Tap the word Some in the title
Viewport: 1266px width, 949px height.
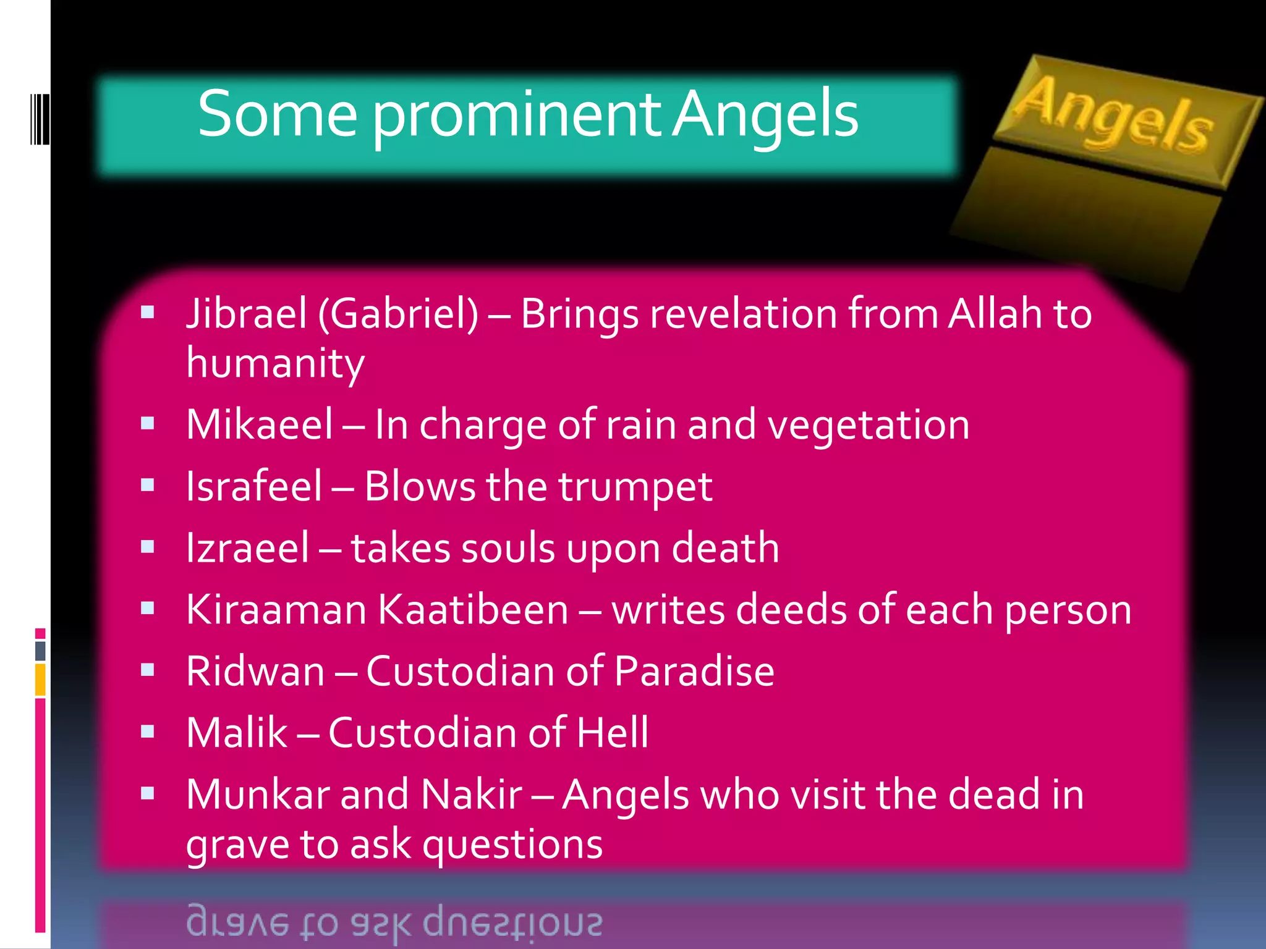tap(277, 115)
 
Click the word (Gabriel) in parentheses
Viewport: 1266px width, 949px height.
tap(398, 314)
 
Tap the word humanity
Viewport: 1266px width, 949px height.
tap(275, 363)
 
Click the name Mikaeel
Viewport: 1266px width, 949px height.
tap(260, 425)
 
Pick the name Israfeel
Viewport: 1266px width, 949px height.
tap(254, 487)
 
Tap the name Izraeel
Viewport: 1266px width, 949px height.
tap(247, 549)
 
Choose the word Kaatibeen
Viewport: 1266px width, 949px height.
tap(473, 610)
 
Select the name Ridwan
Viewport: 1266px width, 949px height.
tap(255, 672)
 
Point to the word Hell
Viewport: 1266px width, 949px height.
tap(612, 733)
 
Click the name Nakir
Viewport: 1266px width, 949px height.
tap(471, 795)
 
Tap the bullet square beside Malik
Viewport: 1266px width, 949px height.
tap(147, 732)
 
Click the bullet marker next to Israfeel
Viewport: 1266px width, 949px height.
tap(147, 485)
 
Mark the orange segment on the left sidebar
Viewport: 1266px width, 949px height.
tap(40, 680)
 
